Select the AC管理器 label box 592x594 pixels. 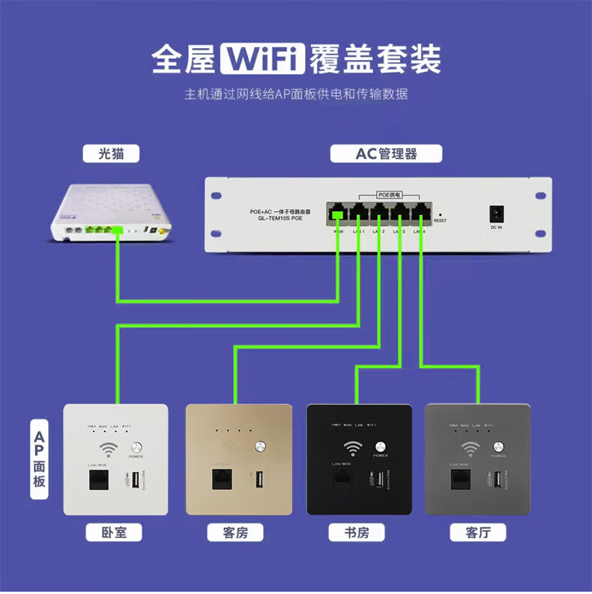coord(386,154)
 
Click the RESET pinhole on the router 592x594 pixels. coord(440,213)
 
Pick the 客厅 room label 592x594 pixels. coord(477,533)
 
